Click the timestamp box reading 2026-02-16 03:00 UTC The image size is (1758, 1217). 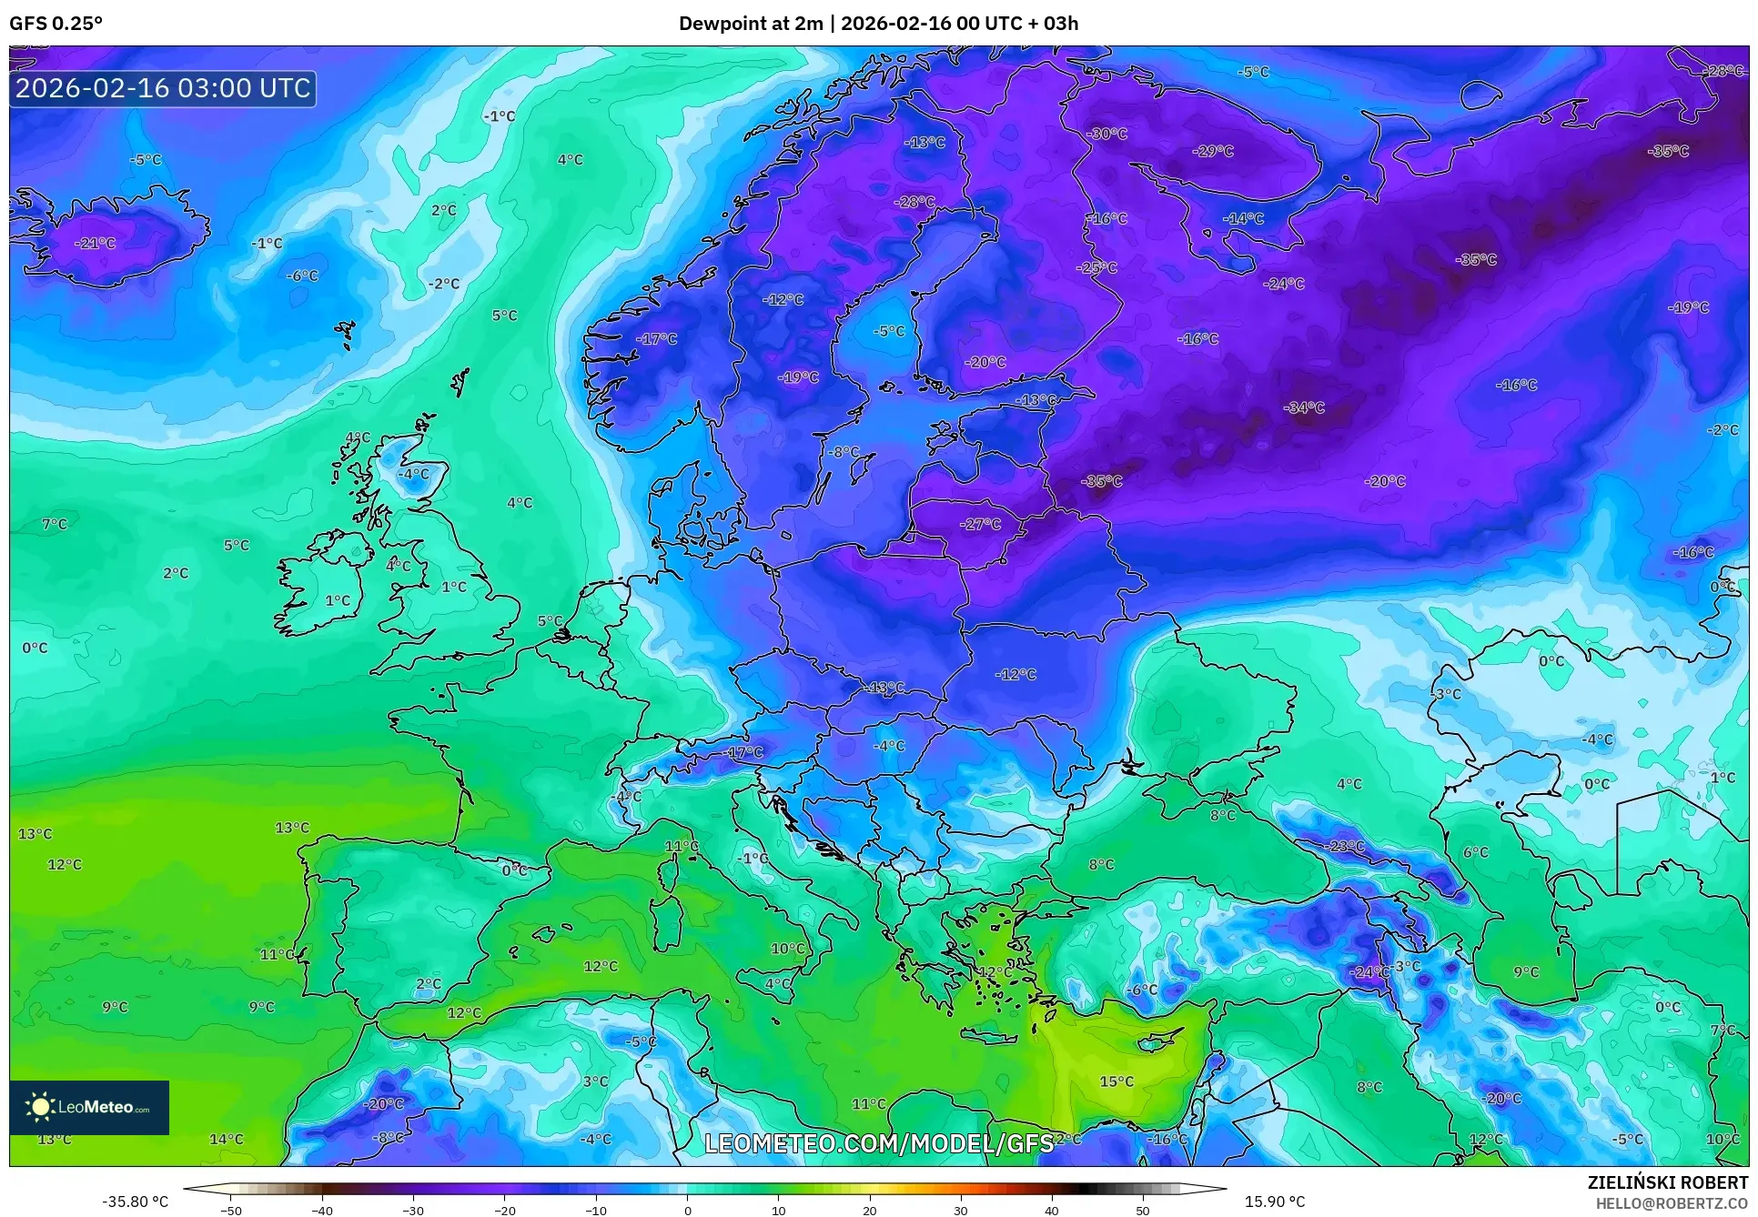point(163,88)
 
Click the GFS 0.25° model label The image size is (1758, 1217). point(56,24)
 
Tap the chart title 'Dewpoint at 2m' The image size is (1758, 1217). point(751,24)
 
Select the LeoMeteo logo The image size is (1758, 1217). point(89,1107)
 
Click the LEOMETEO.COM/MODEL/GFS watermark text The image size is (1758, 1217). point(879,1143)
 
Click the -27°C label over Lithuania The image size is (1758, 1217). point(980,525)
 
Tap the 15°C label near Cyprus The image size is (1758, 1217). point(1116,1081)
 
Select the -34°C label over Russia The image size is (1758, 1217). point(1304,408)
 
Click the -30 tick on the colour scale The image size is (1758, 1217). point(413,1210)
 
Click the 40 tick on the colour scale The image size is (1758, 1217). point(1052,1210)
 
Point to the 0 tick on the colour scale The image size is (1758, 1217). point(687,1210)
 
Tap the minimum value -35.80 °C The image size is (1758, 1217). point(135,1202)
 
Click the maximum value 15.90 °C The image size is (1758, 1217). point(1275,1202)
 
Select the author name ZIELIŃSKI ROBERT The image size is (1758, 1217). point(1668,1183)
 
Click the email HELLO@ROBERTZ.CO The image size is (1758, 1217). point(1672,1203)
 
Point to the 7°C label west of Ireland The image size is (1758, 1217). point(55,525)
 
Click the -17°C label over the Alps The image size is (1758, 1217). point(743,753)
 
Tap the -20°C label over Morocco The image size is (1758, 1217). point(383,1104)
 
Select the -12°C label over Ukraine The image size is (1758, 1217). point(1015,675)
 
